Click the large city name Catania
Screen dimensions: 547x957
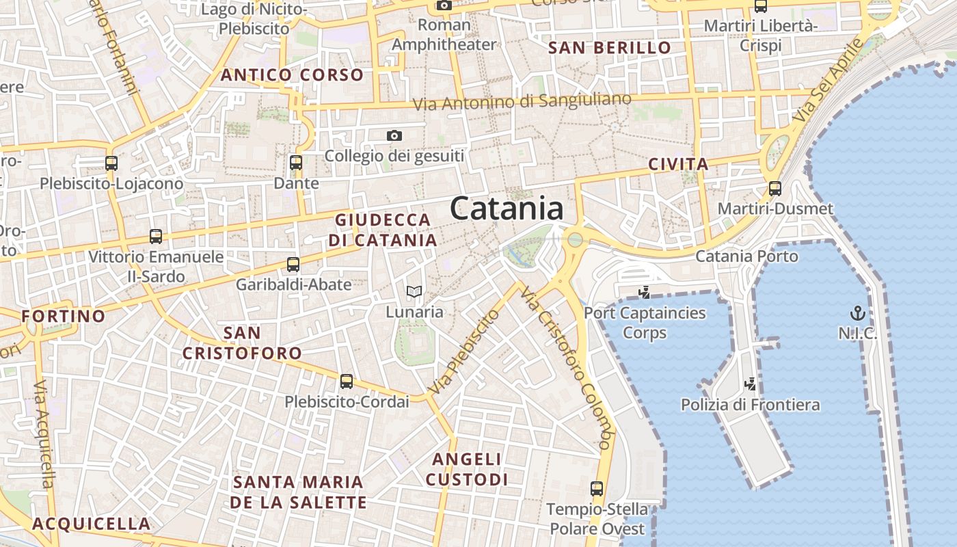coord(507,209)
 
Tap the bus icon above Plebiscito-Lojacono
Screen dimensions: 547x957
coord(111,163)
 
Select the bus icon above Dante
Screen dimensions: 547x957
coord(296,163)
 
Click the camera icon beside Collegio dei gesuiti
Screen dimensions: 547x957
coord(394,135)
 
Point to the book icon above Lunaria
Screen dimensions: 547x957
coord(414,291)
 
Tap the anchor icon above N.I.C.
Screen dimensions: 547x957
coord(857,313)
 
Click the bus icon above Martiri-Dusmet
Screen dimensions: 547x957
coord(774,188)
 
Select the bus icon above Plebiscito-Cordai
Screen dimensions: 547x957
coord(347,382)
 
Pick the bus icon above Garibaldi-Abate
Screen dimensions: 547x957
coord(293,264)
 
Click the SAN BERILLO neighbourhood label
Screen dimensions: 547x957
coord(610,48)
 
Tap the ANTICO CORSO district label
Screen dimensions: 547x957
coord(292,75)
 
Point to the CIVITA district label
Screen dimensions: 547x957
coord(678,164)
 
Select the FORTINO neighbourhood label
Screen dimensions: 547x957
coord(63,316)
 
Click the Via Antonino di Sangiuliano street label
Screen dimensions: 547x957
coord(523,101)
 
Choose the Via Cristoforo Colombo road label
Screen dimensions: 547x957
coord(565,368)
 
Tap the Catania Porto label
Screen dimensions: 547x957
coord(746,256)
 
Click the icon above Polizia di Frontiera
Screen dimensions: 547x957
coord(751,384)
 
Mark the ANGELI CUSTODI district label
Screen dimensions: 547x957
coord(467,469)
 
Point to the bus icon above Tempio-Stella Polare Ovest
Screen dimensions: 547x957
coord(597,488)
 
